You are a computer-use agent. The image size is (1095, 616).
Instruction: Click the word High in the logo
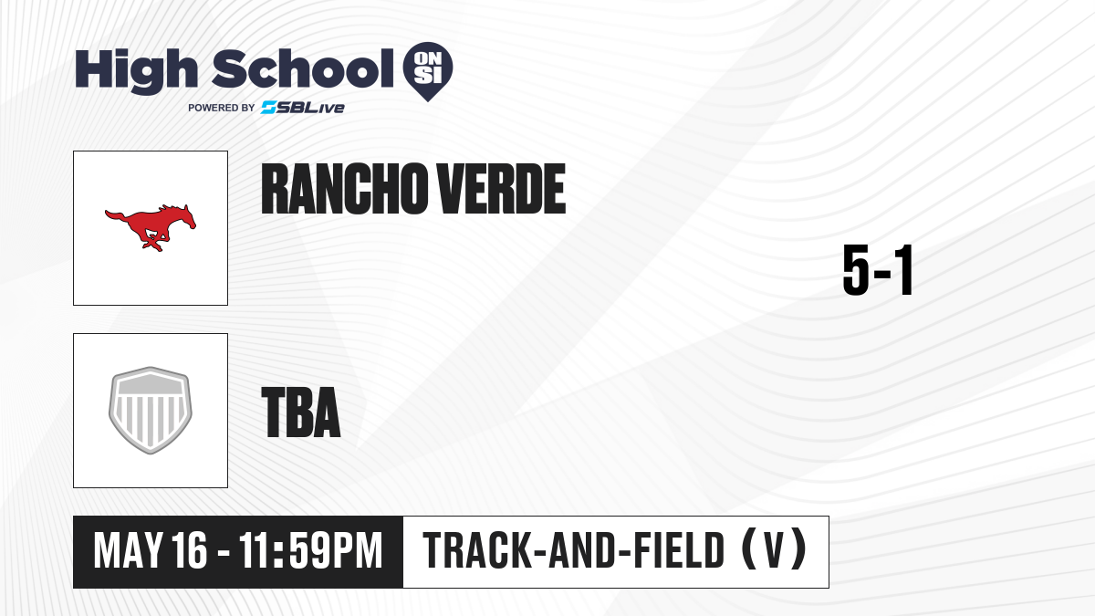136,71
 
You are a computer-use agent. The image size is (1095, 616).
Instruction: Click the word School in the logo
303,68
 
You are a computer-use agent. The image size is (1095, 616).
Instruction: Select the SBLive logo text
303,108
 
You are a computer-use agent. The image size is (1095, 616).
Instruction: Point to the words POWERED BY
222,108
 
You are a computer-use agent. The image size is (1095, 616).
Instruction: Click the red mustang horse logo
151,228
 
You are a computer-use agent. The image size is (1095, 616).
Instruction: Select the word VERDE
501,189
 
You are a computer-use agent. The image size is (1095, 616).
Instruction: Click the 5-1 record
879,270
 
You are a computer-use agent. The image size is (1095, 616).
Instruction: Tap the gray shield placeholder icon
151,411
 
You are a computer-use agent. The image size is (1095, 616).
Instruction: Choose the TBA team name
301,412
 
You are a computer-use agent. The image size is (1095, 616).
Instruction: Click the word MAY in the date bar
128,550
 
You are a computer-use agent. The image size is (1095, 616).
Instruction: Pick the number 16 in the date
190,550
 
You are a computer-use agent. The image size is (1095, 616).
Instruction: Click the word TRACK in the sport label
477,550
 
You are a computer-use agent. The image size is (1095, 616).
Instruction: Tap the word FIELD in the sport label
679,550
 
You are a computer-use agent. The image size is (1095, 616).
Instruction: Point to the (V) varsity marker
775,549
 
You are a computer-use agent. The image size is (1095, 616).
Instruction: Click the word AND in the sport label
583,550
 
